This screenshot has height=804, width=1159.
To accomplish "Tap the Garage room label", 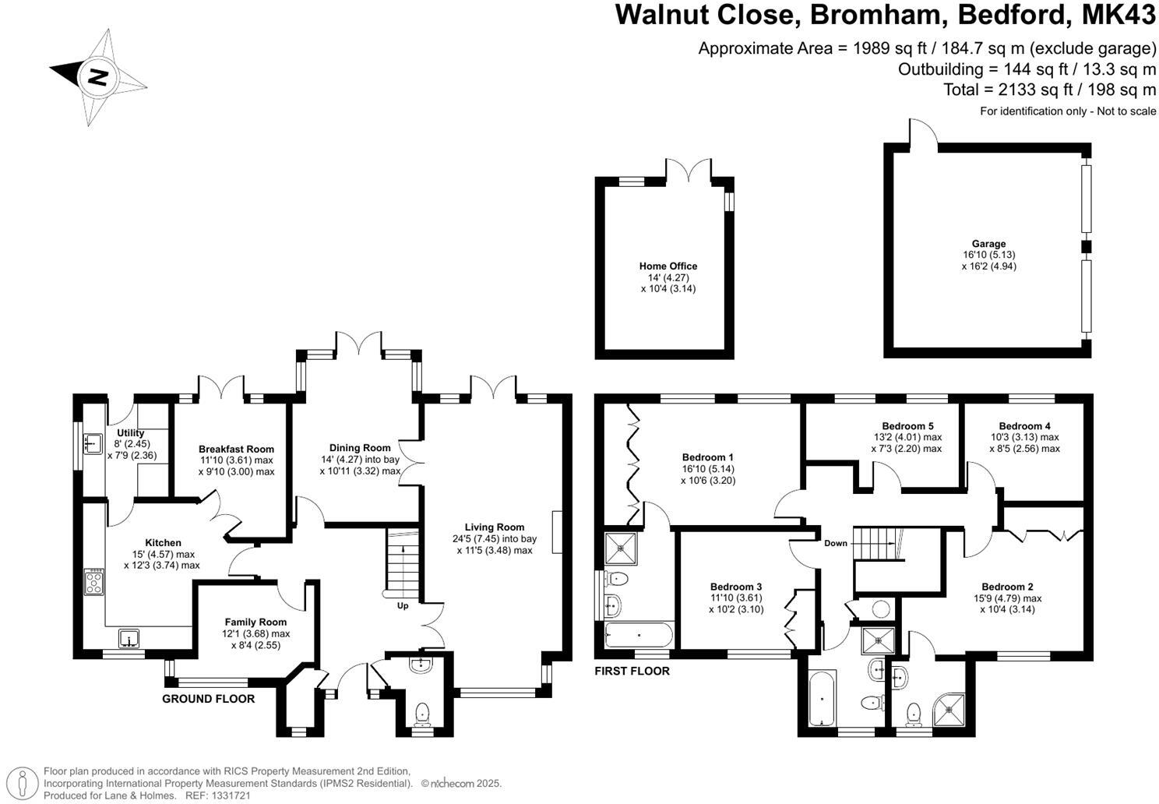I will (x=988, y=244).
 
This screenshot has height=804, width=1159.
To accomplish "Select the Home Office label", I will (x=668, y=266).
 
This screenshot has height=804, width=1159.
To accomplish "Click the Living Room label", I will (x=495, y=527).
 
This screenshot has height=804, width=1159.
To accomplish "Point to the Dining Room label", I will (x=359, y=448).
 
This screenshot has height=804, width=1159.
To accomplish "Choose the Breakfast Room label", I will (x=236, y=450).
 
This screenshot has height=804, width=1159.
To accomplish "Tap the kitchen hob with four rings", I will (x=94, y=581).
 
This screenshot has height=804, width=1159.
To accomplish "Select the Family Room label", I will (x=255, y=622).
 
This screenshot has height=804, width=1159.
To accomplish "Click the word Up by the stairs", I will (x=403, y=605).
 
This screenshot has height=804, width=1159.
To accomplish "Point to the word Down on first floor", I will (x=835, y=543).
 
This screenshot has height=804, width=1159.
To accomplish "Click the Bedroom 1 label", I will (x=707, y=457).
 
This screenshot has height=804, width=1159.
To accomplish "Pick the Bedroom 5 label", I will (x=907, y=426).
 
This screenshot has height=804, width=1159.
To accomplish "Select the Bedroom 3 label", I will (x=735, y=587).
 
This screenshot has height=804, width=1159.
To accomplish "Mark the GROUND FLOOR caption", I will (x=208, y=699).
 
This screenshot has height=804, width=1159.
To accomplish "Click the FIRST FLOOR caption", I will (x=632, y=671).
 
